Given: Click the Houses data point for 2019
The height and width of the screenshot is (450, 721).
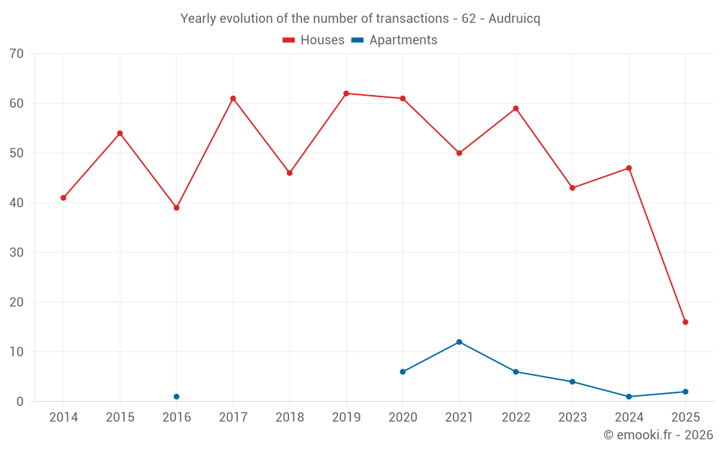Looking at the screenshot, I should (346, 94).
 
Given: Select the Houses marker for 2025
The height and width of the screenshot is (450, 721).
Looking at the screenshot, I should (685, 322).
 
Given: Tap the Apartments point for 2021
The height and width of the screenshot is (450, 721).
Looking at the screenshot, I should (459, 342).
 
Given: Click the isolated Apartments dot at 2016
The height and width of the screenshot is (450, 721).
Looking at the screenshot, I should (177, 397).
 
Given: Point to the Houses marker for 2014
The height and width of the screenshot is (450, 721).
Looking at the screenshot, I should (63, 198).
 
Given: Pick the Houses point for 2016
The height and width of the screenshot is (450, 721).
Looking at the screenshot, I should (177, 208).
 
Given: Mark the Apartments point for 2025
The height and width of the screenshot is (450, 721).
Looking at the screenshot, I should (685, 392).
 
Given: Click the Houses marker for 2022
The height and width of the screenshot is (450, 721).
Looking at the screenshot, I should (516, 109).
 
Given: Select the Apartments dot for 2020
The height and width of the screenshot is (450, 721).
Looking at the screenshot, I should (402, 372).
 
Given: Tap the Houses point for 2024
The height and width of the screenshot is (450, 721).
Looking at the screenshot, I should (629, 168).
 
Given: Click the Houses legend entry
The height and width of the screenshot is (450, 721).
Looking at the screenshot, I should (314, 40).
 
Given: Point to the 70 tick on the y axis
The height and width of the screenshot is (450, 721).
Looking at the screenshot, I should (17, 54).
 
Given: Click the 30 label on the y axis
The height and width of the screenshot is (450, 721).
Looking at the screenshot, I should (17, 253).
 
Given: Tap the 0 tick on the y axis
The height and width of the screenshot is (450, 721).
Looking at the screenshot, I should (20, 402).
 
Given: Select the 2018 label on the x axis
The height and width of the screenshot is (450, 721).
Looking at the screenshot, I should (290, 418).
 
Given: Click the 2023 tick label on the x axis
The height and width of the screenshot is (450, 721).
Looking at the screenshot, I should (572, 418).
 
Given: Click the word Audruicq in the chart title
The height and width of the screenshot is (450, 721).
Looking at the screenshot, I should (514, 19).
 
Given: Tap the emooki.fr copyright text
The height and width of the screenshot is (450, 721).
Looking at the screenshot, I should (658, 435).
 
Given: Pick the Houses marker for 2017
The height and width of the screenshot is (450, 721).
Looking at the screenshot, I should (233, 99).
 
